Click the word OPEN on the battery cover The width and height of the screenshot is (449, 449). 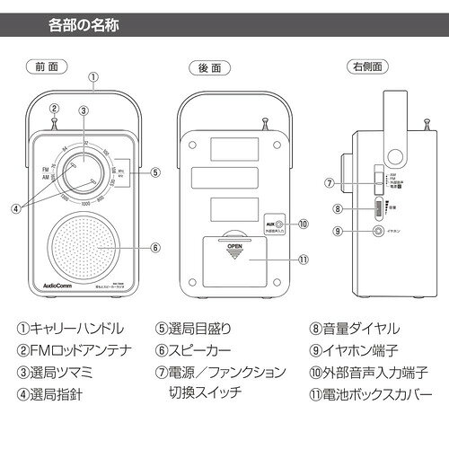click(x=234, y=244)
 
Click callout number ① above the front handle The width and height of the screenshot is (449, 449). click(x=93, y=76)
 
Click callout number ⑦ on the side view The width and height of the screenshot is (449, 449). click(x=330, y=182)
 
